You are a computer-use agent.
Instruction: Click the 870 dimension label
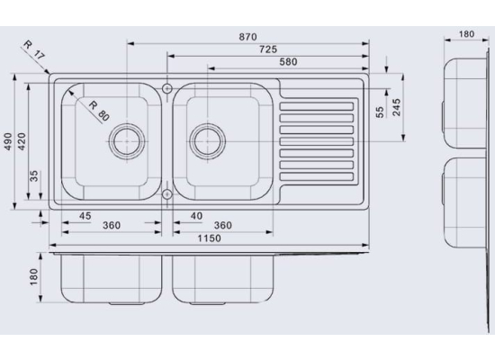pyautogui.click(x=247, y=37)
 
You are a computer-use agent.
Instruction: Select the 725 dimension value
pyautogui.click(x=268, y=49)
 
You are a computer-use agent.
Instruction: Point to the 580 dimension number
pyautogui.click(x=288, y=62)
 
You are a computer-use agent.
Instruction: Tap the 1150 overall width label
pyautogui.click(x=210, y=238)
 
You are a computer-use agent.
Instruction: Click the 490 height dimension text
pyautogui.click(x=8, y=141)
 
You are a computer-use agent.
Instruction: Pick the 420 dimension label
pyautogui.click(x=22, y=141)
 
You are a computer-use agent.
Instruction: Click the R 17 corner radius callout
pyautogui.click(x=34, y=50)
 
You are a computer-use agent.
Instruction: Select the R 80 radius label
pyautogui.click(x=99, y=111)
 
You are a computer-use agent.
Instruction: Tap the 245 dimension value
pyautogui.click(x=397, y=107)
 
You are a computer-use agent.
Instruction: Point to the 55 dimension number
pyautogui.click(x=381, y=112)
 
